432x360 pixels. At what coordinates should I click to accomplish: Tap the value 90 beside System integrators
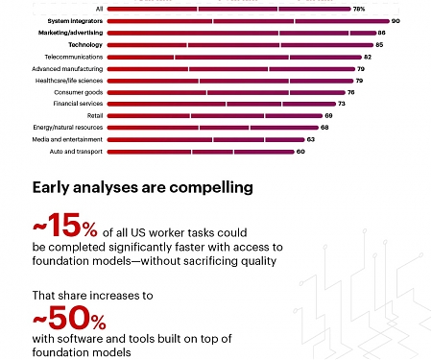click(396, 21)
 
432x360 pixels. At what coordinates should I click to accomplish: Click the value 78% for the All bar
click(358, 9)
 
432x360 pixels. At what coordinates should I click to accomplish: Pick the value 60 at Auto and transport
click(300, 151)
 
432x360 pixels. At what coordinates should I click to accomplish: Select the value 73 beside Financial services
click(342, 104)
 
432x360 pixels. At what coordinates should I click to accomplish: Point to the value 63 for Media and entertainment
click(310, 139)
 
